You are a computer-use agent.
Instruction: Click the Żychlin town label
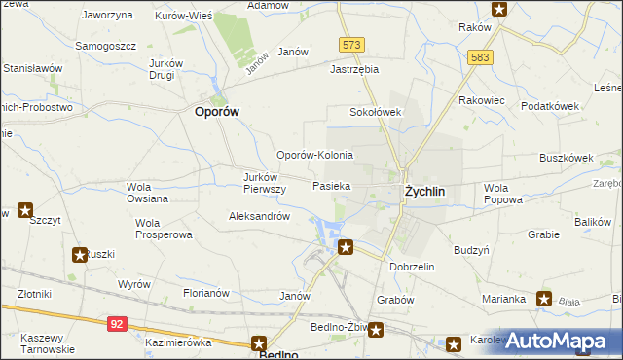(x=424, y=192)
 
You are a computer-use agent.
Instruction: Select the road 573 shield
(x=351, y=45)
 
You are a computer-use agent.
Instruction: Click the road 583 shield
(x=479, y=57)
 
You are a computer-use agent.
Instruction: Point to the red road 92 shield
(x=117, y=322)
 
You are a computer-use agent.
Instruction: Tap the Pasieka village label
(x=331, y=184)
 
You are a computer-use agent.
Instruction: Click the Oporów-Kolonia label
(x=314, y=155)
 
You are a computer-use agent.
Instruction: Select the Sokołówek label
(x=376, y=112)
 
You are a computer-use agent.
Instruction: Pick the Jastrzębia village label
(x=354, y=70)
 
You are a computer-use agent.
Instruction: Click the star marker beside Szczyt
(x=24, y=209)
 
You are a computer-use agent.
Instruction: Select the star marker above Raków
(x=499, y=10)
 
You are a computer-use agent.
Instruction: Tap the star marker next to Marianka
(x=543, y=299)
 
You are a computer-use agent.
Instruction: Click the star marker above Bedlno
(x=259, y=342)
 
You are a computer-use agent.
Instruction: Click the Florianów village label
(x=205, y=292)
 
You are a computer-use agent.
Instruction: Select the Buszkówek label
(x=567, y=157)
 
